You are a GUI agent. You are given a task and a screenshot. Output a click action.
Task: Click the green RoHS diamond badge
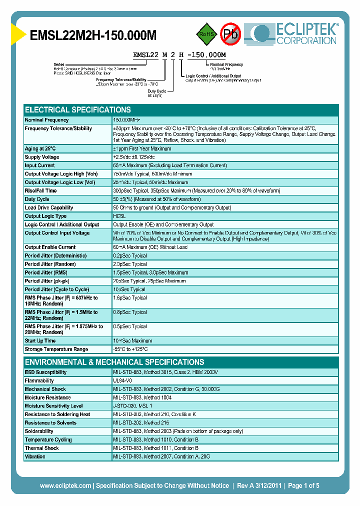(206, 34)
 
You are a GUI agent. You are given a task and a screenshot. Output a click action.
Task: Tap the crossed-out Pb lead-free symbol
(230, 34)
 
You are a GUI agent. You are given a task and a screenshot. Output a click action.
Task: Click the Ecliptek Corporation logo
(294, 34)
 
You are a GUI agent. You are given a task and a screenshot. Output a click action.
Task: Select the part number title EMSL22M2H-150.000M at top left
(93, 35)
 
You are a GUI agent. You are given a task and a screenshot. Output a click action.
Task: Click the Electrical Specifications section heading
(78, 109)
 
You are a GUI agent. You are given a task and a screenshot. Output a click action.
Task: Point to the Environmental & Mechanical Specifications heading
(114, 362)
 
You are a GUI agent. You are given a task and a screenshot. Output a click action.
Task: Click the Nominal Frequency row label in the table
(46, 120)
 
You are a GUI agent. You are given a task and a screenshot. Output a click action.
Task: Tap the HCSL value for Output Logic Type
(119, 216)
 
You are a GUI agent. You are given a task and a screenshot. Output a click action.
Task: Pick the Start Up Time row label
(40, 340)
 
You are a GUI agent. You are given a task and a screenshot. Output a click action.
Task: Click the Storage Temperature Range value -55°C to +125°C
(130, 349)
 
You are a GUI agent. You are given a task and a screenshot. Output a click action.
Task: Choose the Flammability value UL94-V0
(122, 380)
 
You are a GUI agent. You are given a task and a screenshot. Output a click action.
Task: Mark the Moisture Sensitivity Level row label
(53, 406)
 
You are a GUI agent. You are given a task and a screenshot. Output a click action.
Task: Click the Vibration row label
(35, 456)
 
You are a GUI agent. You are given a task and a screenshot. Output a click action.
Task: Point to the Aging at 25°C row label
(40, 148)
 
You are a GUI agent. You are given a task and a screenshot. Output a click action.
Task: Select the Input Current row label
(40, 165)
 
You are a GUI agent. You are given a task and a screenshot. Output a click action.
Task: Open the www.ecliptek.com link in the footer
(65, 485)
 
